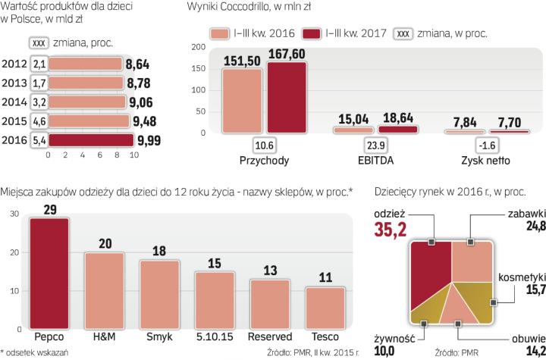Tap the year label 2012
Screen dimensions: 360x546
[15, 63]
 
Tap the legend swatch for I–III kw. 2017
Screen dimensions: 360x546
[312, 33]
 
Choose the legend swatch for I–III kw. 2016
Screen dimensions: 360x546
[218, 33]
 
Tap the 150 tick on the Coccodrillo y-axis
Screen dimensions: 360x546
[199, 67]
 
